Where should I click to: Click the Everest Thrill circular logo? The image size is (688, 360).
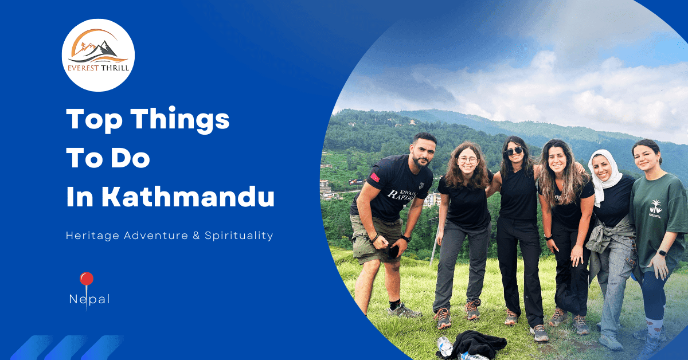coord(98,55)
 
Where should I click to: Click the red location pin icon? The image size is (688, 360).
coord(87,280)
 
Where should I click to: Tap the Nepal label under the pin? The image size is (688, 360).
coord(89,299)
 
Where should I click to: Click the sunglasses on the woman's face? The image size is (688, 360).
coord(514,151)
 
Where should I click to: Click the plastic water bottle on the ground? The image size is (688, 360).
coord(445,346)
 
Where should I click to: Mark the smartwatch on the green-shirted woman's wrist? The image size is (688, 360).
coord(662,252)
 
